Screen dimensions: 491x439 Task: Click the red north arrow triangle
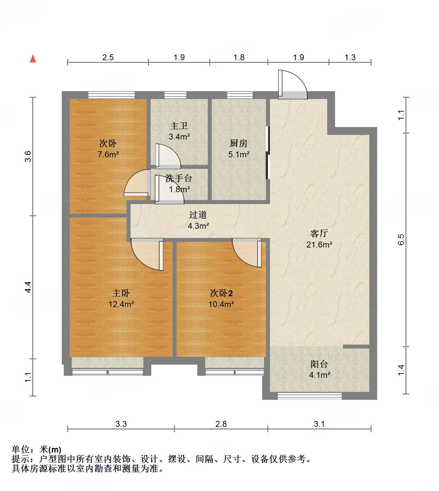33,59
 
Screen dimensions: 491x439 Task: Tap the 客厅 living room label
319,234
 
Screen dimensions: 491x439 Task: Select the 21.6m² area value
319,245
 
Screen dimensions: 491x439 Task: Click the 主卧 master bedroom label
121,293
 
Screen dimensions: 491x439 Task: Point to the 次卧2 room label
221,293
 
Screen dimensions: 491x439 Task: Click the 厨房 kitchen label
239,143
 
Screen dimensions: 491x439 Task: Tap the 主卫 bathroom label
179,126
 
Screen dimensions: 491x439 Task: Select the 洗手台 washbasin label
179,178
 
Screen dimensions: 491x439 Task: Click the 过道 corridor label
198,215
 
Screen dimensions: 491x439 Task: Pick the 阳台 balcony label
319,364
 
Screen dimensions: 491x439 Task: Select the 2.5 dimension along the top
108,57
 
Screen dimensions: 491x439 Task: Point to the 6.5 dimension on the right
401,240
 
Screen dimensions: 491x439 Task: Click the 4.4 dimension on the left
28,287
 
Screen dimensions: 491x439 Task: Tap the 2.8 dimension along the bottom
221,424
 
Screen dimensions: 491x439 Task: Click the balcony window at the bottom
309,396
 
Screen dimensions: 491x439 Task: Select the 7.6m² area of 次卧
108,154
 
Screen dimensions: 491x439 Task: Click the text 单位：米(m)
37,450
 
